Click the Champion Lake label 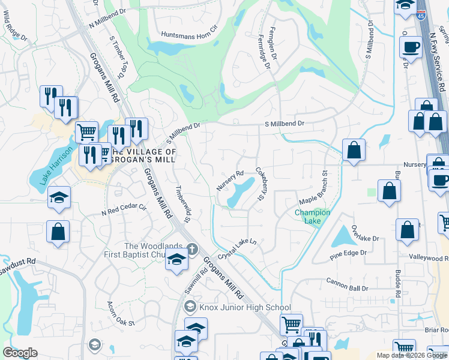tap(312, 217)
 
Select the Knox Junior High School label tap(245, 307)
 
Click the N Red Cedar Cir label tap(124, 209)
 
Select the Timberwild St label tap(182, 203)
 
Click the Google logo tap(20, 352)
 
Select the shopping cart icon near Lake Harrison tap(87, 131)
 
